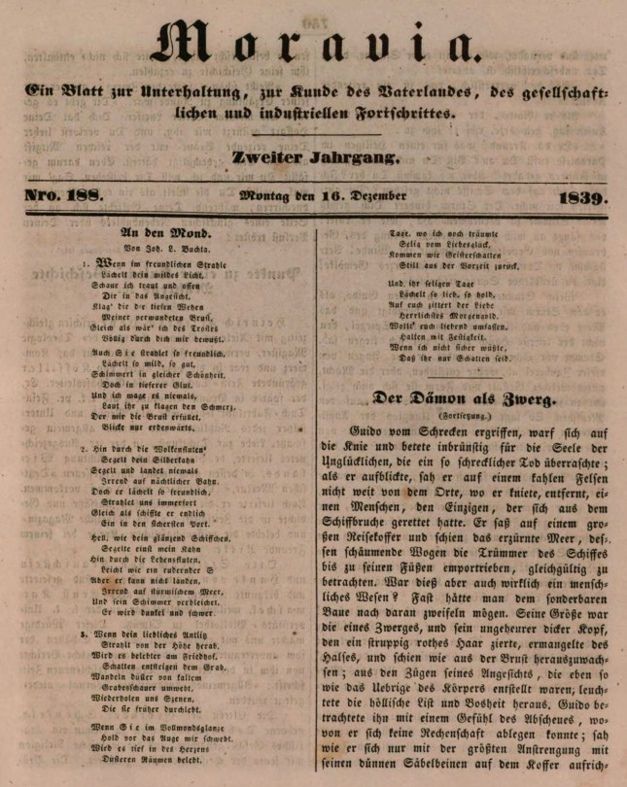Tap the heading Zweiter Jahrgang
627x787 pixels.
point(315,157)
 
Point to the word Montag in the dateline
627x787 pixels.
point(265,197)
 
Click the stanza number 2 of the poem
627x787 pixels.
point(85,451)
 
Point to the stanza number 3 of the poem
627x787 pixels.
point(85,633)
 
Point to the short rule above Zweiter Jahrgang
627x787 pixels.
point(315,134)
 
